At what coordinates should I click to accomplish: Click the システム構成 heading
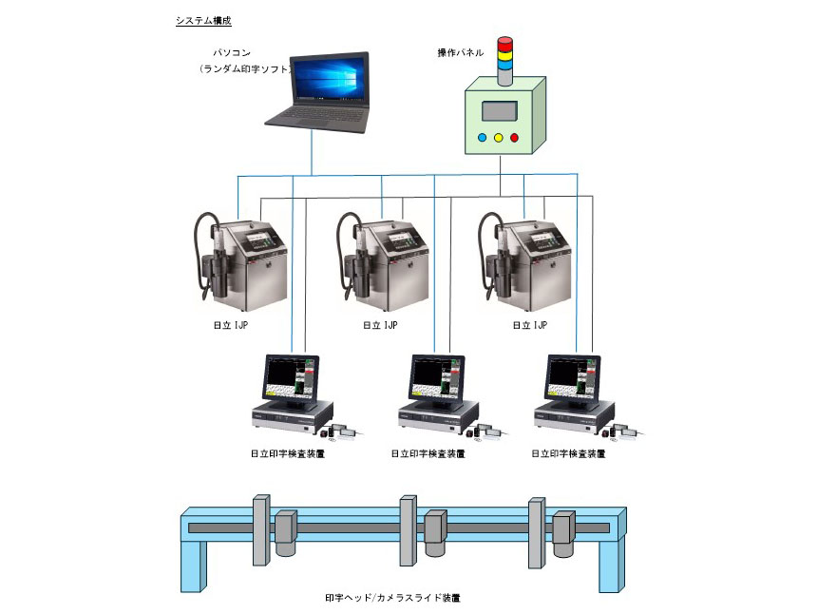click(x=203, y=20)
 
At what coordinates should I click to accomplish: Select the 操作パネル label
click(x=460, y=52)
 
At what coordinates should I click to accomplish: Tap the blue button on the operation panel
click(x=482, y=138)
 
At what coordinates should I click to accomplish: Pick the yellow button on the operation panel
click(x=499, y=138)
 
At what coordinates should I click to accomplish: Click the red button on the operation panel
click(x=515, y=138)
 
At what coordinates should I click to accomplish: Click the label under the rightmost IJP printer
click(x=529, y=325)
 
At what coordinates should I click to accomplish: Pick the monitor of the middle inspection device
click(x=438, y=377)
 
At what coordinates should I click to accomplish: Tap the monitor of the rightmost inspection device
click(x=574, y=377)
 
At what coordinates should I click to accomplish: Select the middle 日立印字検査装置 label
click(x=428, y=454)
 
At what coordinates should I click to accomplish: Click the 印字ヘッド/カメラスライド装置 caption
click(x=392, y=598)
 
